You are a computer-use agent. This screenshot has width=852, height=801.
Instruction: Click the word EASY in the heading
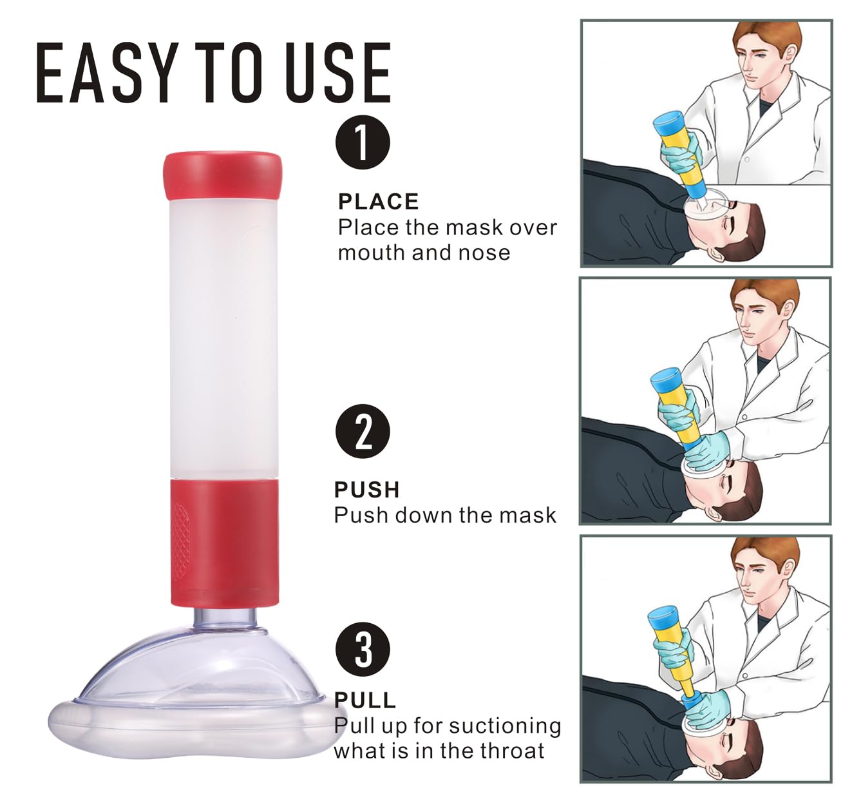(x=108, y=73)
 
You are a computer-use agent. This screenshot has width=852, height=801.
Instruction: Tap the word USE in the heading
(x=338, y=73)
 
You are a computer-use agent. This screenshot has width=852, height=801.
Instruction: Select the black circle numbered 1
(x=363, y=142)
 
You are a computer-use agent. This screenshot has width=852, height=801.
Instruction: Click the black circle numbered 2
(x=363, y=431)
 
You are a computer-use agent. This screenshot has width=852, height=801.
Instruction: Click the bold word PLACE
(x=379, y=202)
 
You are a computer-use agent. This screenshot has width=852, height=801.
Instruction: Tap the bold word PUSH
(x=367, y=490)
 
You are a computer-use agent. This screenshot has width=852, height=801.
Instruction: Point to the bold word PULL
(x=365, y=700)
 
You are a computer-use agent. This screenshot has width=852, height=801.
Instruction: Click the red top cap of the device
(x=222, y=175)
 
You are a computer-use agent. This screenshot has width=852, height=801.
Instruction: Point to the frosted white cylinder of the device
(x=223, y=340)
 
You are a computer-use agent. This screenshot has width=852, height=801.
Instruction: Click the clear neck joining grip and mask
(x=226, y=619)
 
